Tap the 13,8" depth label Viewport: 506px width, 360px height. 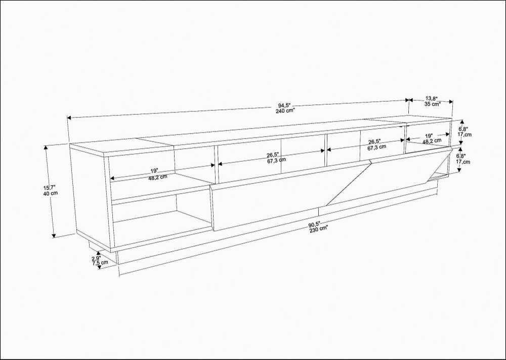[431, 98]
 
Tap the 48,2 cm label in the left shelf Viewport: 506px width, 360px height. [159, 177]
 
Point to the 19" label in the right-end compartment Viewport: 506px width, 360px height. [429, 136]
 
